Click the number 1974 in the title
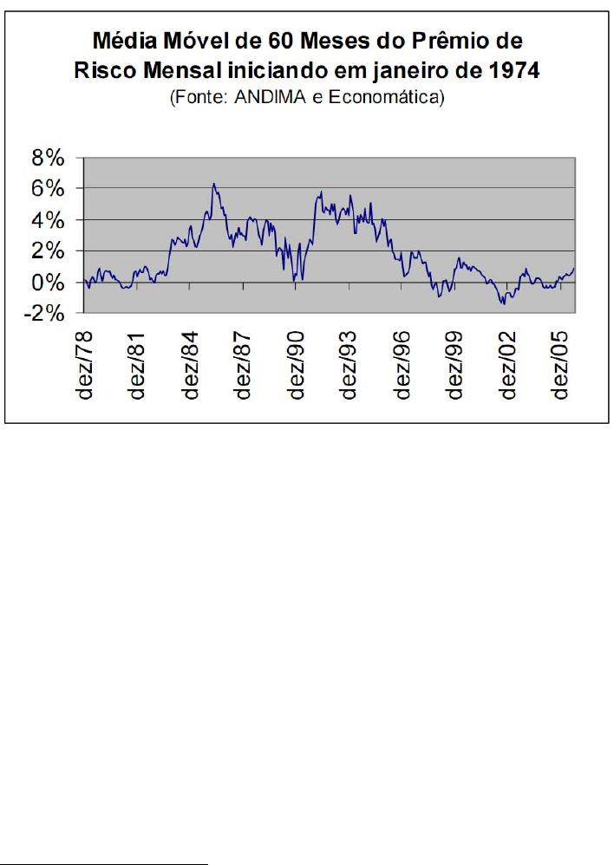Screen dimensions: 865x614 pyautogui.click(x=512, y=70)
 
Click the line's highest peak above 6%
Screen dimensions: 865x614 pyautogui.click(x=213, y=184)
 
